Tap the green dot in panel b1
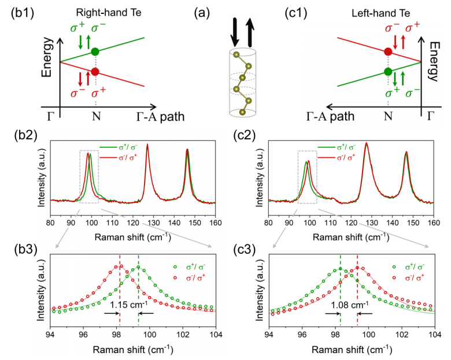[x=95, y=52]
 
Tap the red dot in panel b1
[x=95, y=72]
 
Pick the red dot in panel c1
[x=388, y=52]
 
